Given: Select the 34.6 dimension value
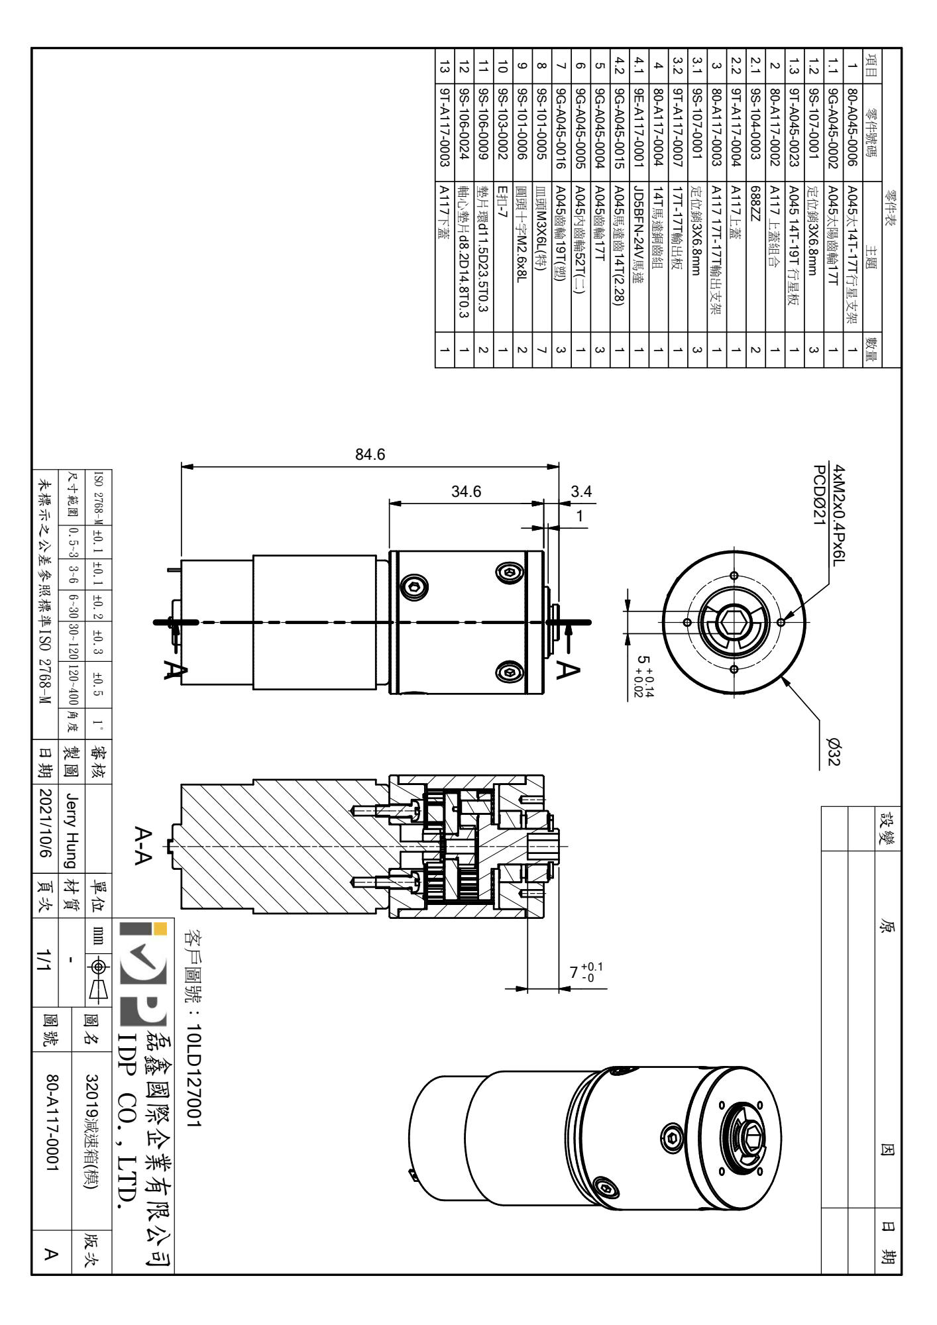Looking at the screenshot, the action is (x=466, y=492).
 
